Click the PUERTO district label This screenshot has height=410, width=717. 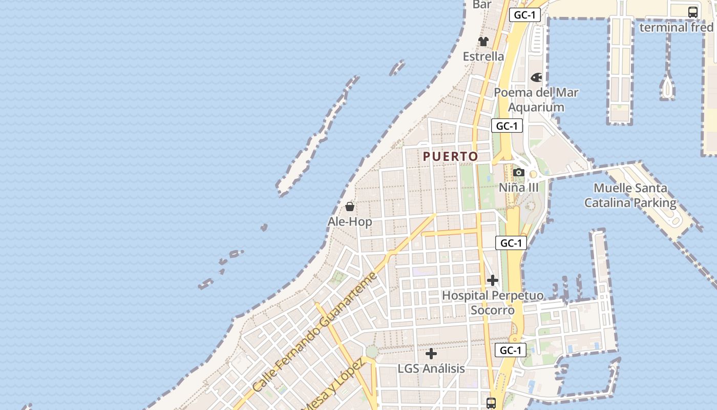pos(451,156)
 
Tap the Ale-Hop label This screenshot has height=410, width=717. pos(350,222)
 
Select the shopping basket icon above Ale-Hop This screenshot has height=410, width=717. pos(350,207)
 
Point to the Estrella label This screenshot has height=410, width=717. pos(483,56)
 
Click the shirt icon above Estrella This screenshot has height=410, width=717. pos(483,41)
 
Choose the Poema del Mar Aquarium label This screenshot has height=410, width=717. pos(536,100)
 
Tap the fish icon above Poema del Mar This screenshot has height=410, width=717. pos(536,77)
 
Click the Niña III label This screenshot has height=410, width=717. pos(519,188)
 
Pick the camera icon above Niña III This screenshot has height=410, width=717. pos(519,172)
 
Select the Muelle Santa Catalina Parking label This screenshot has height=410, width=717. pos(630,195)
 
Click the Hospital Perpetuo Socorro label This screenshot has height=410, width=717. pos(493,303)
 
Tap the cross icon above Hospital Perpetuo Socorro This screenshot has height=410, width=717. pos(493,280)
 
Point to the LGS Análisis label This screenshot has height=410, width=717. pos(431,368)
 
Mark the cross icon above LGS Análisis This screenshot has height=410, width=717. pos(431,354)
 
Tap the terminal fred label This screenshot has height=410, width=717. pos(677,27)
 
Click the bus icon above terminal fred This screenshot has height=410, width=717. pos(692,12)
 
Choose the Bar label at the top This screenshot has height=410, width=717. pos(482,5)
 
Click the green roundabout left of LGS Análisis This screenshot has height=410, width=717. pos(372,352)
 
